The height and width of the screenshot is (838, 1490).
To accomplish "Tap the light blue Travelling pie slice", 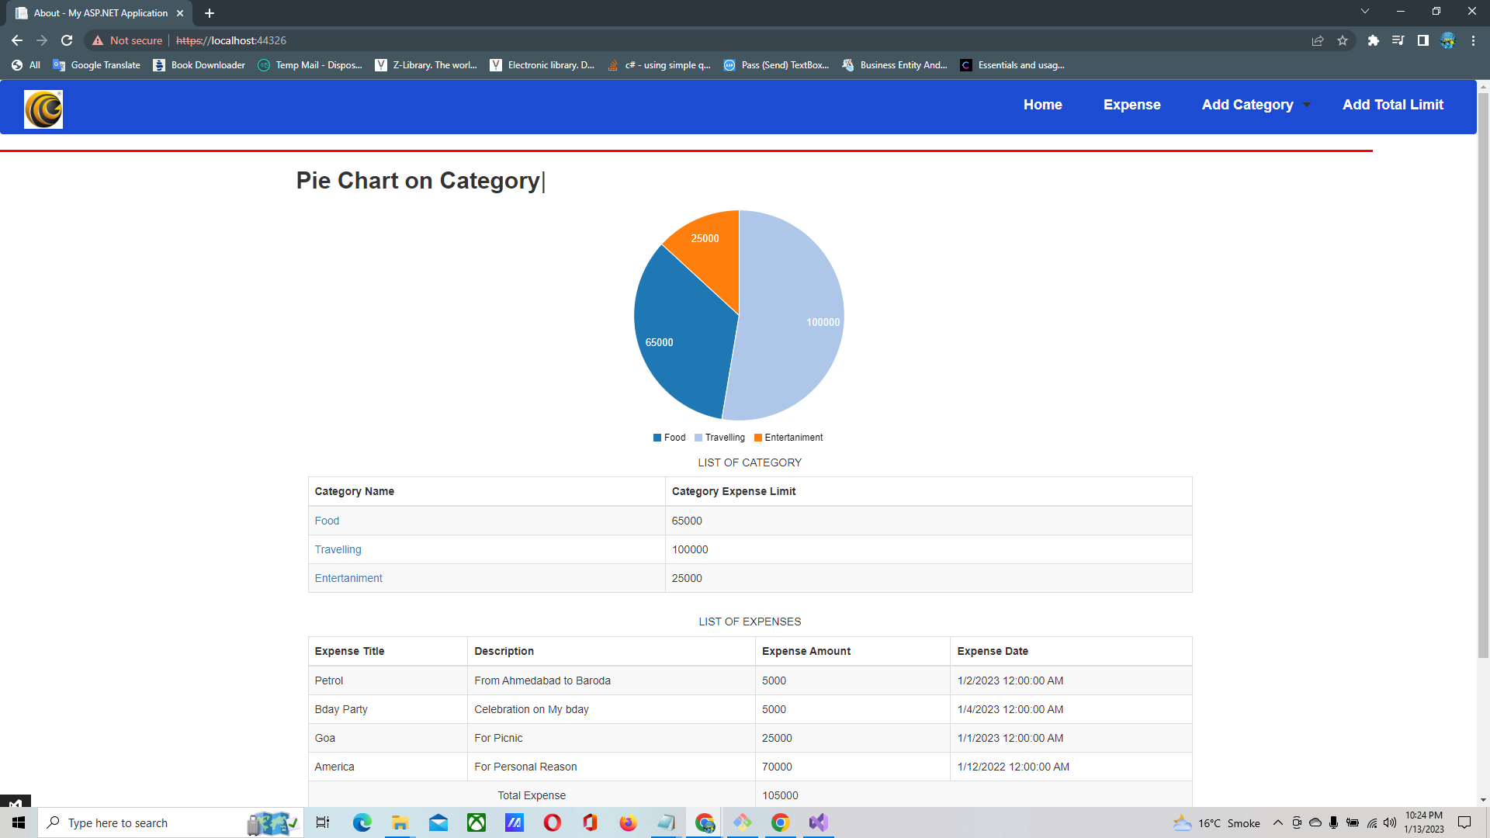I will tap(792, 326).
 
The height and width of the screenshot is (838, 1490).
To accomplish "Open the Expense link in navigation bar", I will tap(1131, 105).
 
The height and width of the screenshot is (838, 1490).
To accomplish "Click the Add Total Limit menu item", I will tap(1392, 105).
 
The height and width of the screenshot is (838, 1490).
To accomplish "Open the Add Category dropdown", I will tap(1255, 105).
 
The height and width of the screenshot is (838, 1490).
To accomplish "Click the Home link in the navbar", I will tap(1042, 105).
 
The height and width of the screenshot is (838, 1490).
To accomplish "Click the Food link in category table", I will tap(327, 521).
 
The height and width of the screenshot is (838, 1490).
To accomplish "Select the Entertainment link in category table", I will tap(348, 578).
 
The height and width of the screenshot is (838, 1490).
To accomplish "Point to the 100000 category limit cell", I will tap(690, 549).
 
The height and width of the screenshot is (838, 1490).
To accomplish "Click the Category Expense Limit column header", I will tap(733, 491).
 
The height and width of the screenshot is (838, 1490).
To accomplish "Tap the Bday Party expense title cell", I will tap(341, 709).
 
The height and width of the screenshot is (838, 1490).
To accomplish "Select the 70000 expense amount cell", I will tap(777, 767).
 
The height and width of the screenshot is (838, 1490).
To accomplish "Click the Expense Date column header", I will tap(992, 651).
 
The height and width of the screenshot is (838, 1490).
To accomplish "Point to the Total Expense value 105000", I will tap(780, 795).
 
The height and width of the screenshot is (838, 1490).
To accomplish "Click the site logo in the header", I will tap(43, 109).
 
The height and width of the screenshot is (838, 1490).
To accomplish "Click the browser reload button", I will tap(67, 40).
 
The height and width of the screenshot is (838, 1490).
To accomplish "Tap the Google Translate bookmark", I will tap(97, 65).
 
